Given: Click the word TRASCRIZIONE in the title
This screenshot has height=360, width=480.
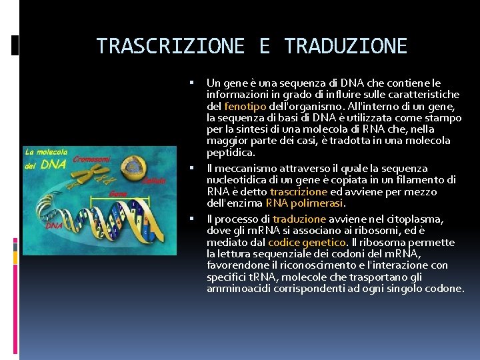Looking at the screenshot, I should (x=170, y=46).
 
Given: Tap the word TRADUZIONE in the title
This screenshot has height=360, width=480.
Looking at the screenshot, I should (x=345, y=46).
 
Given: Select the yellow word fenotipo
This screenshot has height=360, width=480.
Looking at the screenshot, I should (x=246, y=106).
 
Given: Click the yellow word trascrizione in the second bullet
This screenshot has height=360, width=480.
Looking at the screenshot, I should (x=298, y=191).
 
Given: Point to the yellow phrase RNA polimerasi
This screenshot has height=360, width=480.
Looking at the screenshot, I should (x=303, y=203).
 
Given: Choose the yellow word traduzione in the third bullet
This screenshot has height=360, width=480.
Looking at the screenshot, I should (x=299, y=219).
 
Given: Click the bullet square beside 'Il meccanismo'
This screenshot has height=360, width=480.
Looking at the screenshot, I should (x=191, y=169).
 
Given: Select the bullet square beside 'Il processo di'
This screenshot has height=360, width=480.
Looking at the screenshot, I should (x=191, y=219).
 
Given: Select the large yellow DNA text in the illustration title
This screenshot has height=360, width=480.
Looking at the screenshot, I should (x=54, y=164).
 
